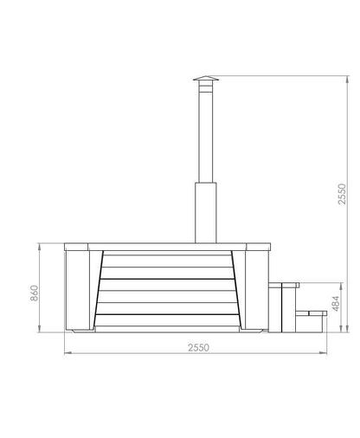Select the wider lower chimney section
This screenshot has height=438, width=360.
click(206, 212)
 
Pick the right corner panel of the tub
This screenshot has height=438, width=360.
click(254, 290)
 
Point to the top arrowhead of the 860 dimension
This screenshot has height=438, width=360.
click(41, 247)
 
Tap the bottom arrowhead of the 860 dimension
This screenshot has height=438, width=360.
click(41, 332)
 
